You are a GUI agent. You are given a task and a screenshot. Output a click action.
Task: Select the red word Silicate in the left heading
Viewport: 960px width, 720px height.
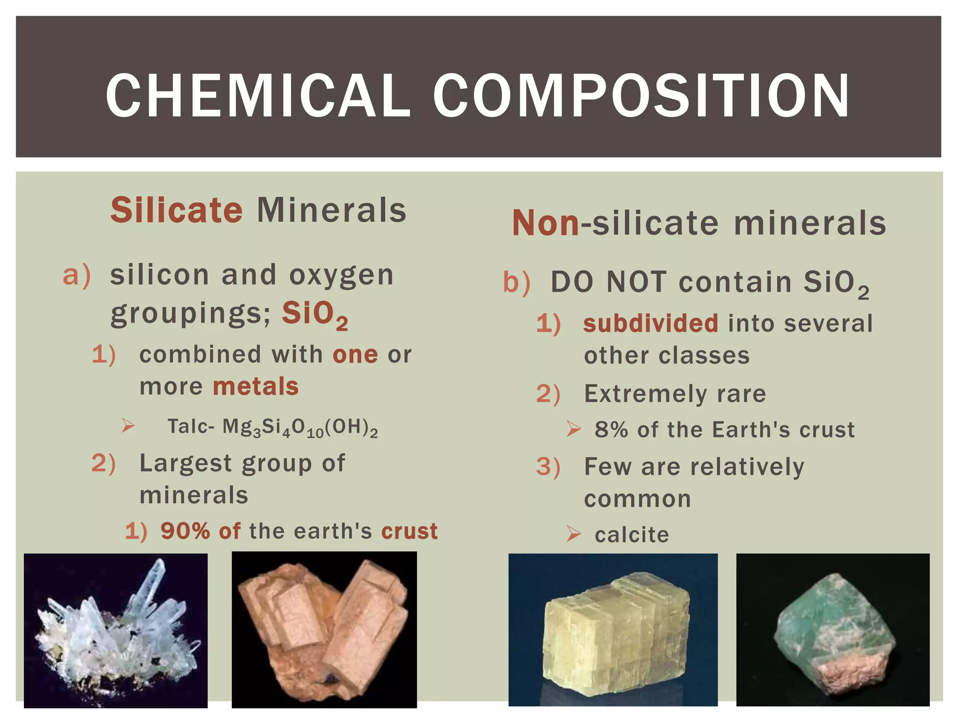coord(176,210)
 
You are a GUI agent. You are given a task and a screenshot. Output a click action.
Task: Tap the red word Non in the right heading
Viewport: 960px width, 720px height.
coord(545,223)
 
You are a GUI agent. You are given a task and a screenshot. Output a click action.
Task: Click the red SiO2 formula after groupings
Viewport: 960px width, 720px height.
coord(315,314)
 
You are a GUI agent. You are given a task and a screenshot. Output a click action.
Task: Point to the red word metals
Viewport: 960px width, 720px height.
coord(255,387)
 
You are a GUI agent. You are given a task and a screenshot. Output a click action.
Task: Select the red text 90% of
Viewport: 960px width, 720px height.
coord(200,531)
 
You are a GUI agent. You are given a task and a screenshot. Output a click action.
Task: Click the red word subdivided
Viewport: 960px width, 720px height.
coord(650,323)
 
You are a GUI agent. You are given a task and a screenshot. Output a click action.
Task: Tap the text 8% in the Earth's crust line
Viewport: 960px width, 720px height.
coord(611,430)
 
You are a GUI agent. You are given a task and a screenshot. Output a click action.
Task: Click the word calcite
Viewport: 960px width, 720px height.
coord(631,535)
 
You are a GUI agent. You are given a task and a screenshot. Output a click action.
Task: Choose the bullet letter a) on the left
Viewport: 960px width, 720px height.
coord(76,275)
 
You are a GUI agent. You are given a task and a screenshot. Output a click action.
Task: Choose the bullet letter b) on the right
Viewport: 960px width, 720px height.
coord(517,283)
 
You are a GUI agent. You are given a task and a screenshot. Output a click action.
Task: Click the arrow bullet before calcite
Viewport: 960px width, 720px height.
coord(573,534)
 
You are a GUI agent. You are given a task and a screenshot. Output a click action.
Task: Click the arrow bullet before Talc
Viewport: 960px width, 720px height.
coord(128,426)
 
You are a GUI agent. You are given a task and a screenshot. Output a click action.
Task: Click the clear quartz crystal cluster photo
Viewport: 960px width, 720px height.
coord(115,630)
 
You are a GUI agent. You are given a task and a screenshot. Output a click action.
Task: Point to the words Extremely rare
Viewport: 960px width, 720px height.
coord(675,394)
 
